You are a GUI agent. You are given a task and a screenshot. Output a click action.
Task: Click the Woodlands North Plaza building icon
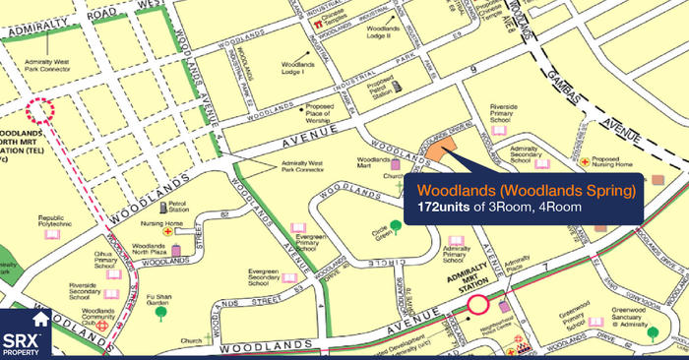(176, 250)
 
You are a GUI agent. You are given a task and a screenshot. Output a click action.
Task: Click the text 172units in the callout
(437, 208)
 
